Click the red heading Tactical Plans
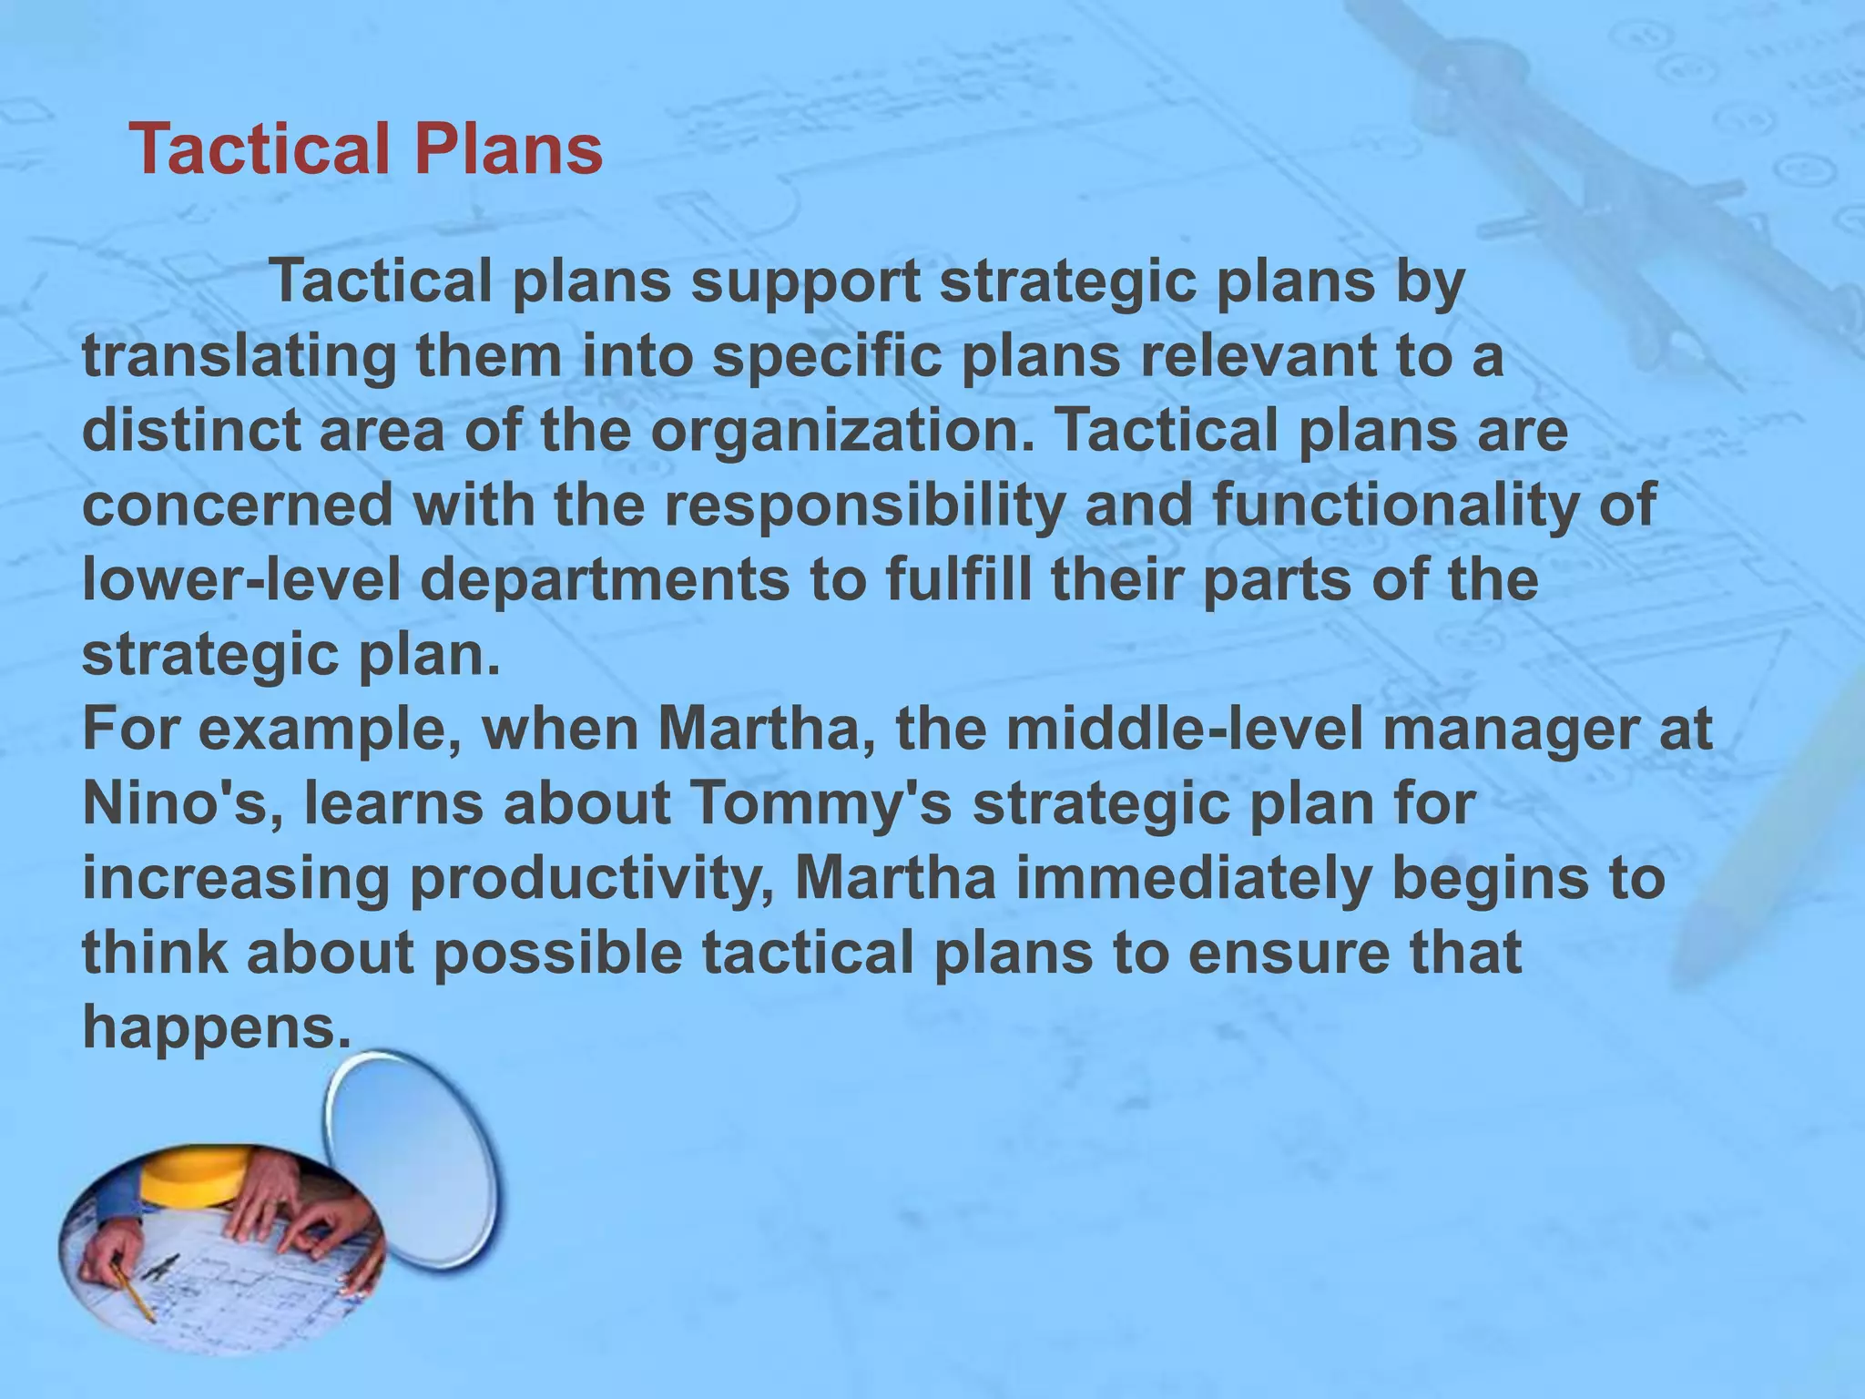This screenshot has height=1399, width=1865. [x=366, y=148]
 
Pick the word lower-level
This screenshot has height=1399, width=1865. [x=241, y=579]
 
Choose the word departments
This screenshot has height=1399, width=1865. [x=605, y=579]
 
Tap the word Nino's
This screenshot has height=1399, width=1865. [x=182, y=803]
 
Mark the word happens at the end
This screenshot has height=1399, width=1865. [x=216, y=1027]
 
